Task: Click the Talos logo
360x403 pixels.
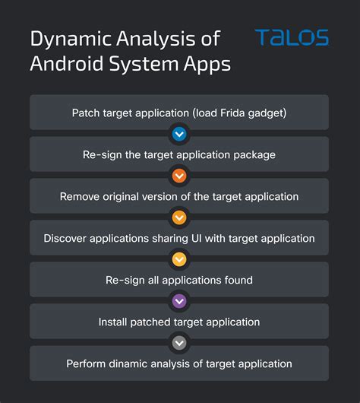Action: pyautogui.click(x=292, y=38)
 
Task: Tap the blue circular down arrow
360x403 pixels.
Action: pyautogui.click(x=179, y=134)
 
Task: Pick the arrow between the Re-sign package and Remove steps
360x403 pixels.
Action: pyautogui.click(x=179, y=176)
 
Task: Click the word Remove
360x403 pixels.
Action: pyautogui.click(x=80, y=196)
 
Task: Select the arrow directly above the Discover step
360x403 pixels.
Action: pyautogui.click(x=179, y=217)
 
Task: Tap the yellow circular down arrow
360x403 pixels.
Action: pyautogui.click(x=179, y=259)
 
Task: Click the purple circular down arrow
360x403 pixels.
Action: pyautogui.click(x=179, y=301)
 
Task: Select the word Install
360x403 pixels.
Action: pyautogui.click(x=114, y=322)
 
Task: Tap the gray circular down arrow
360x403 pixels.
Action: pyautogui.click(x=179, y=343)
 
